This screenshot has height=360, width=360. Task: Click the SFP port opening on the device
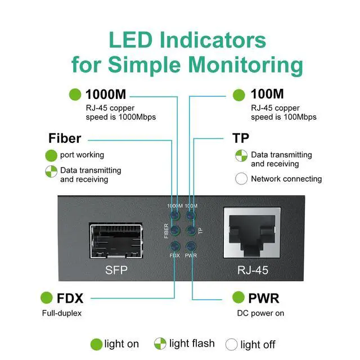[117, 241]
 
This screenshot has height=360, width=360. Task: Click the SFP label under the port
[117, 270]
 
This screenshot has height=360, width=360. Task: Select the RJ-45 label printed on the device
[251, 270]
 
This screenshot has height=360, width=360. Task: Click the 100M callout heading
[267, 94]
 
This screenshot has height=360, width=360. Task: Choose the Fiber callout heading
[65, 138]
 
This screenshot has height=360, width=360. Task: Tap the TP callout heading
[241, 138]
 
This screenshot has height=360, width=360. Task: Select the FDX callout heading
[70, 298]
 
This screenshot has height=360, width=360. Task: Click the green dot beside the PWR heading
[239, 298]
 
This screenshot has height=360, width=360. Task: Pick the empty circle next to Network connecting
[241, 179]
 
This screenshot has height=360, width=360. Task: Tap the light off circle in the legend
[231, 344]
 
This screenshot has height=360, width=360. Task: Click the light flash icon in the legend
[160, 344]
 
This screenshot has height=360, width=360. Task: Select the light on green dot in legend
[96, 344]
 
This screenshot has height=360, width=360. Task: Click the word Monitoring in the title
[245, 64]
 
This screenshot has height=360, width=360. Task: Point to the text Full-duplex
[62, 313]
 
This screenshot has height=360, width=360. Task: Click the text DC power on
[260, 313]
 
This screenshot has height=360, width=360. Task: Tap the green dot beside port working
[51, 155]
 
